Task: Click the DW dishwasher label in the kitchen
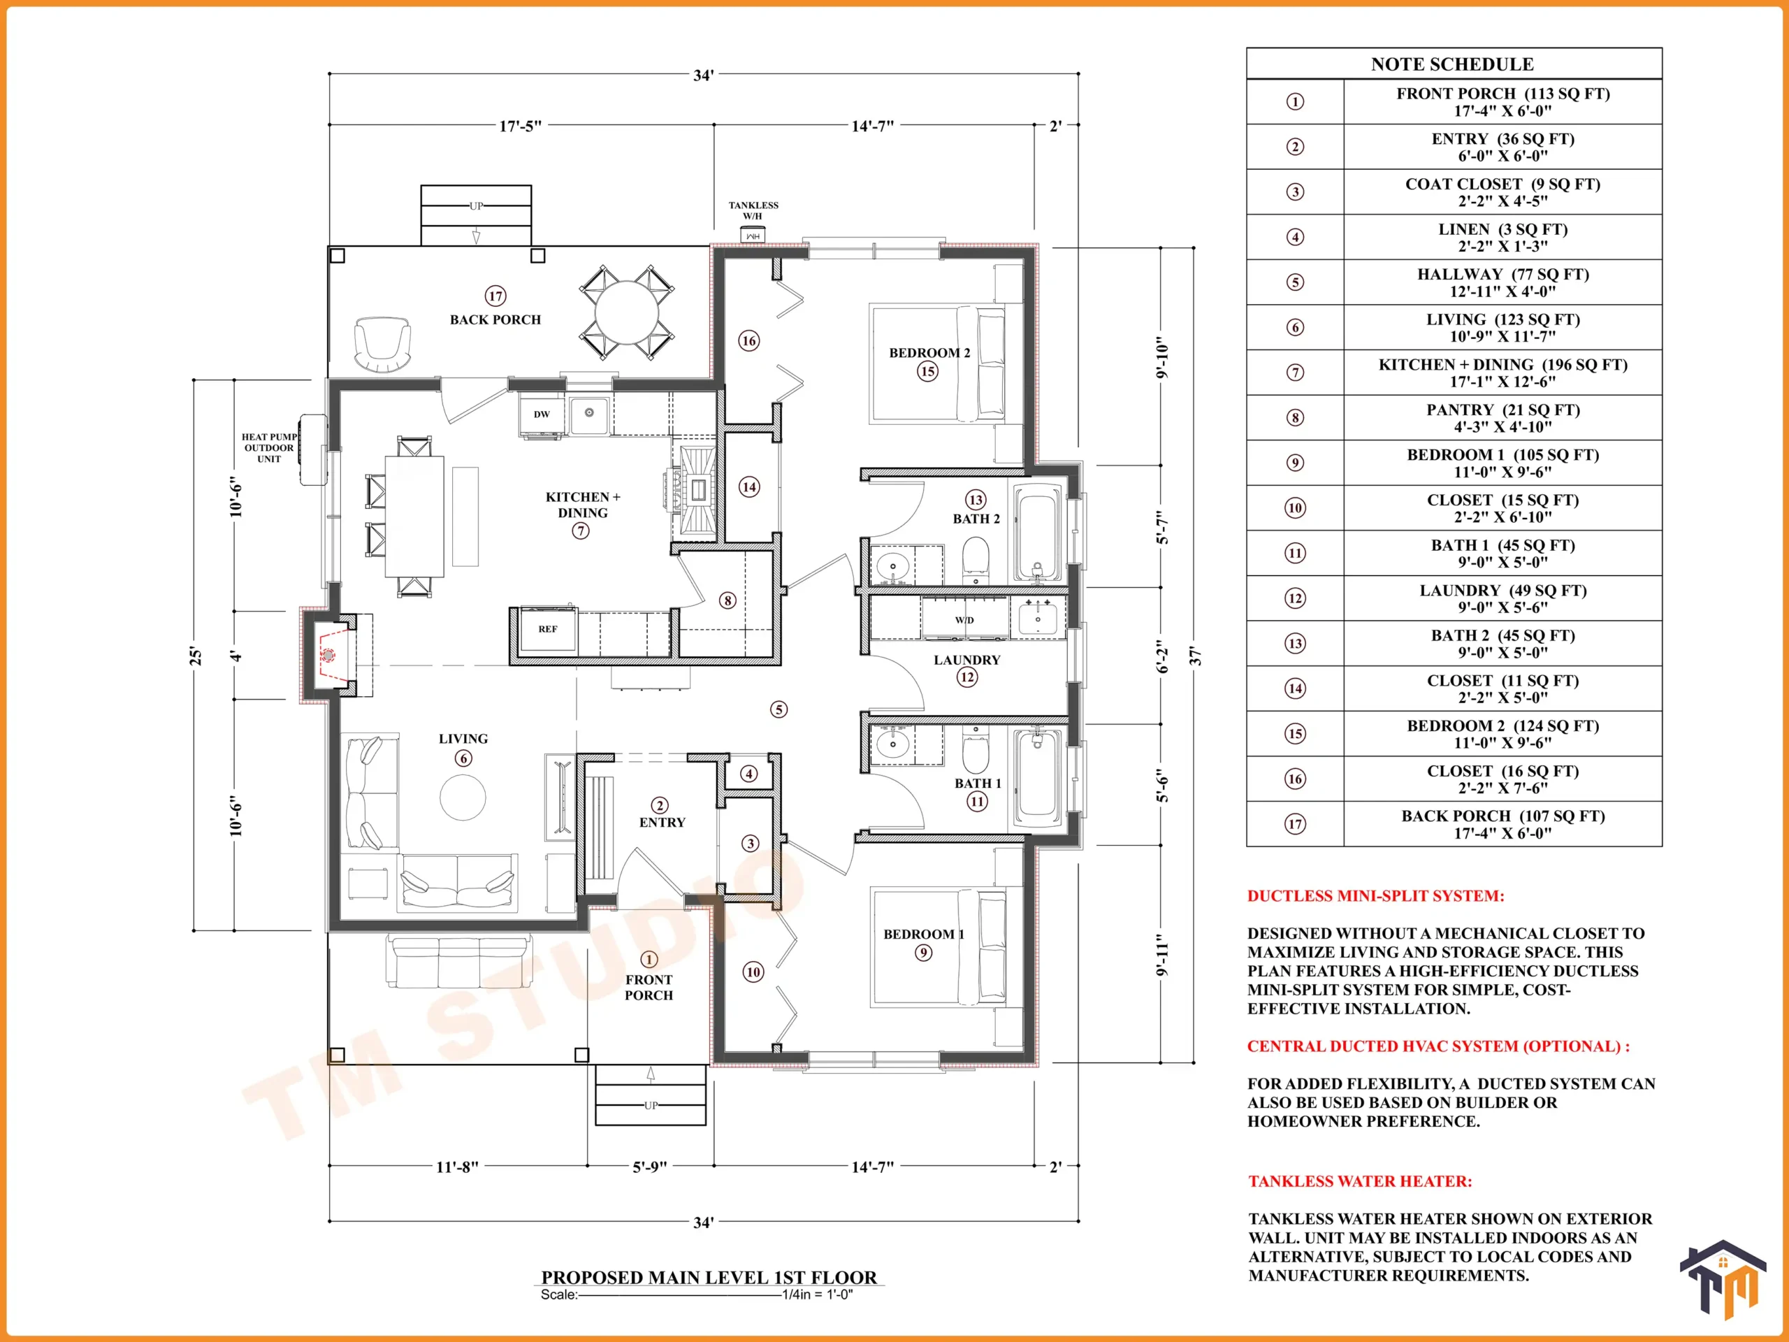click(x=542, y=414)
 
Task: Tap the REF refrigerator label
click(x=548, y=628)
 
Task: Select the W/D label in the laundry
click(x=964, y=621)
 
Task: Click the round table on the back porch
click(x=627, y=312)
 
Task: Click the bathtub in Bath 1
click(x=1038, y=777)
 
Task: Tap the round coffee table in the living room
click(x=463, y=798)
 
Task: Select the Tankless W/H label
click(x=753, y=210)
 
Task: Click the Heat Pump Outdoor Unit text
click(x=269, y=447)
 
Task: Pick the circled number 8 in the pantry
click(x=728, y=600)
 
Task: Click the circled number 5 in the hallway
click(x=779, y=709)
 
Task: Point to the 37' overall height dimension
click(x=1196, y=655)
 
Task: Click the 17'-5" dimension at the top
click(x=520, y=127)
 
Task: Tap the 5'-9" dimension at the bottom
click(x=649, y=1167)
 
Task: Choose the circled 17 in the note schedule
click(x=1295, y=823)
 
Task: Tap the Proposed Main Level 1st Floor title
click(x=709, y=1277)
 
